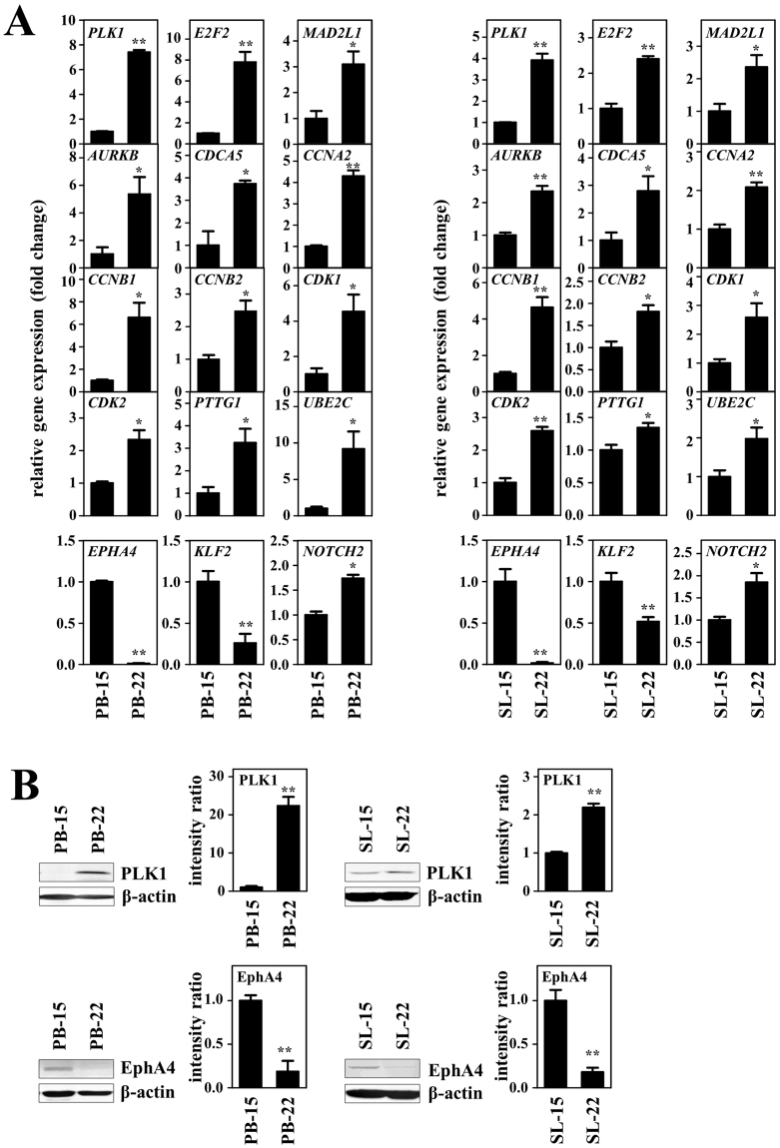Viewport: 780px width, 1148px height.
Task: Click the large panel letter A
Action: [20, 22]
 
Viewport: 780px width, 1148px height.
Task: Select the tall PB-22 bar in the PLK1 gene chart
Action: [138, 97]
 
